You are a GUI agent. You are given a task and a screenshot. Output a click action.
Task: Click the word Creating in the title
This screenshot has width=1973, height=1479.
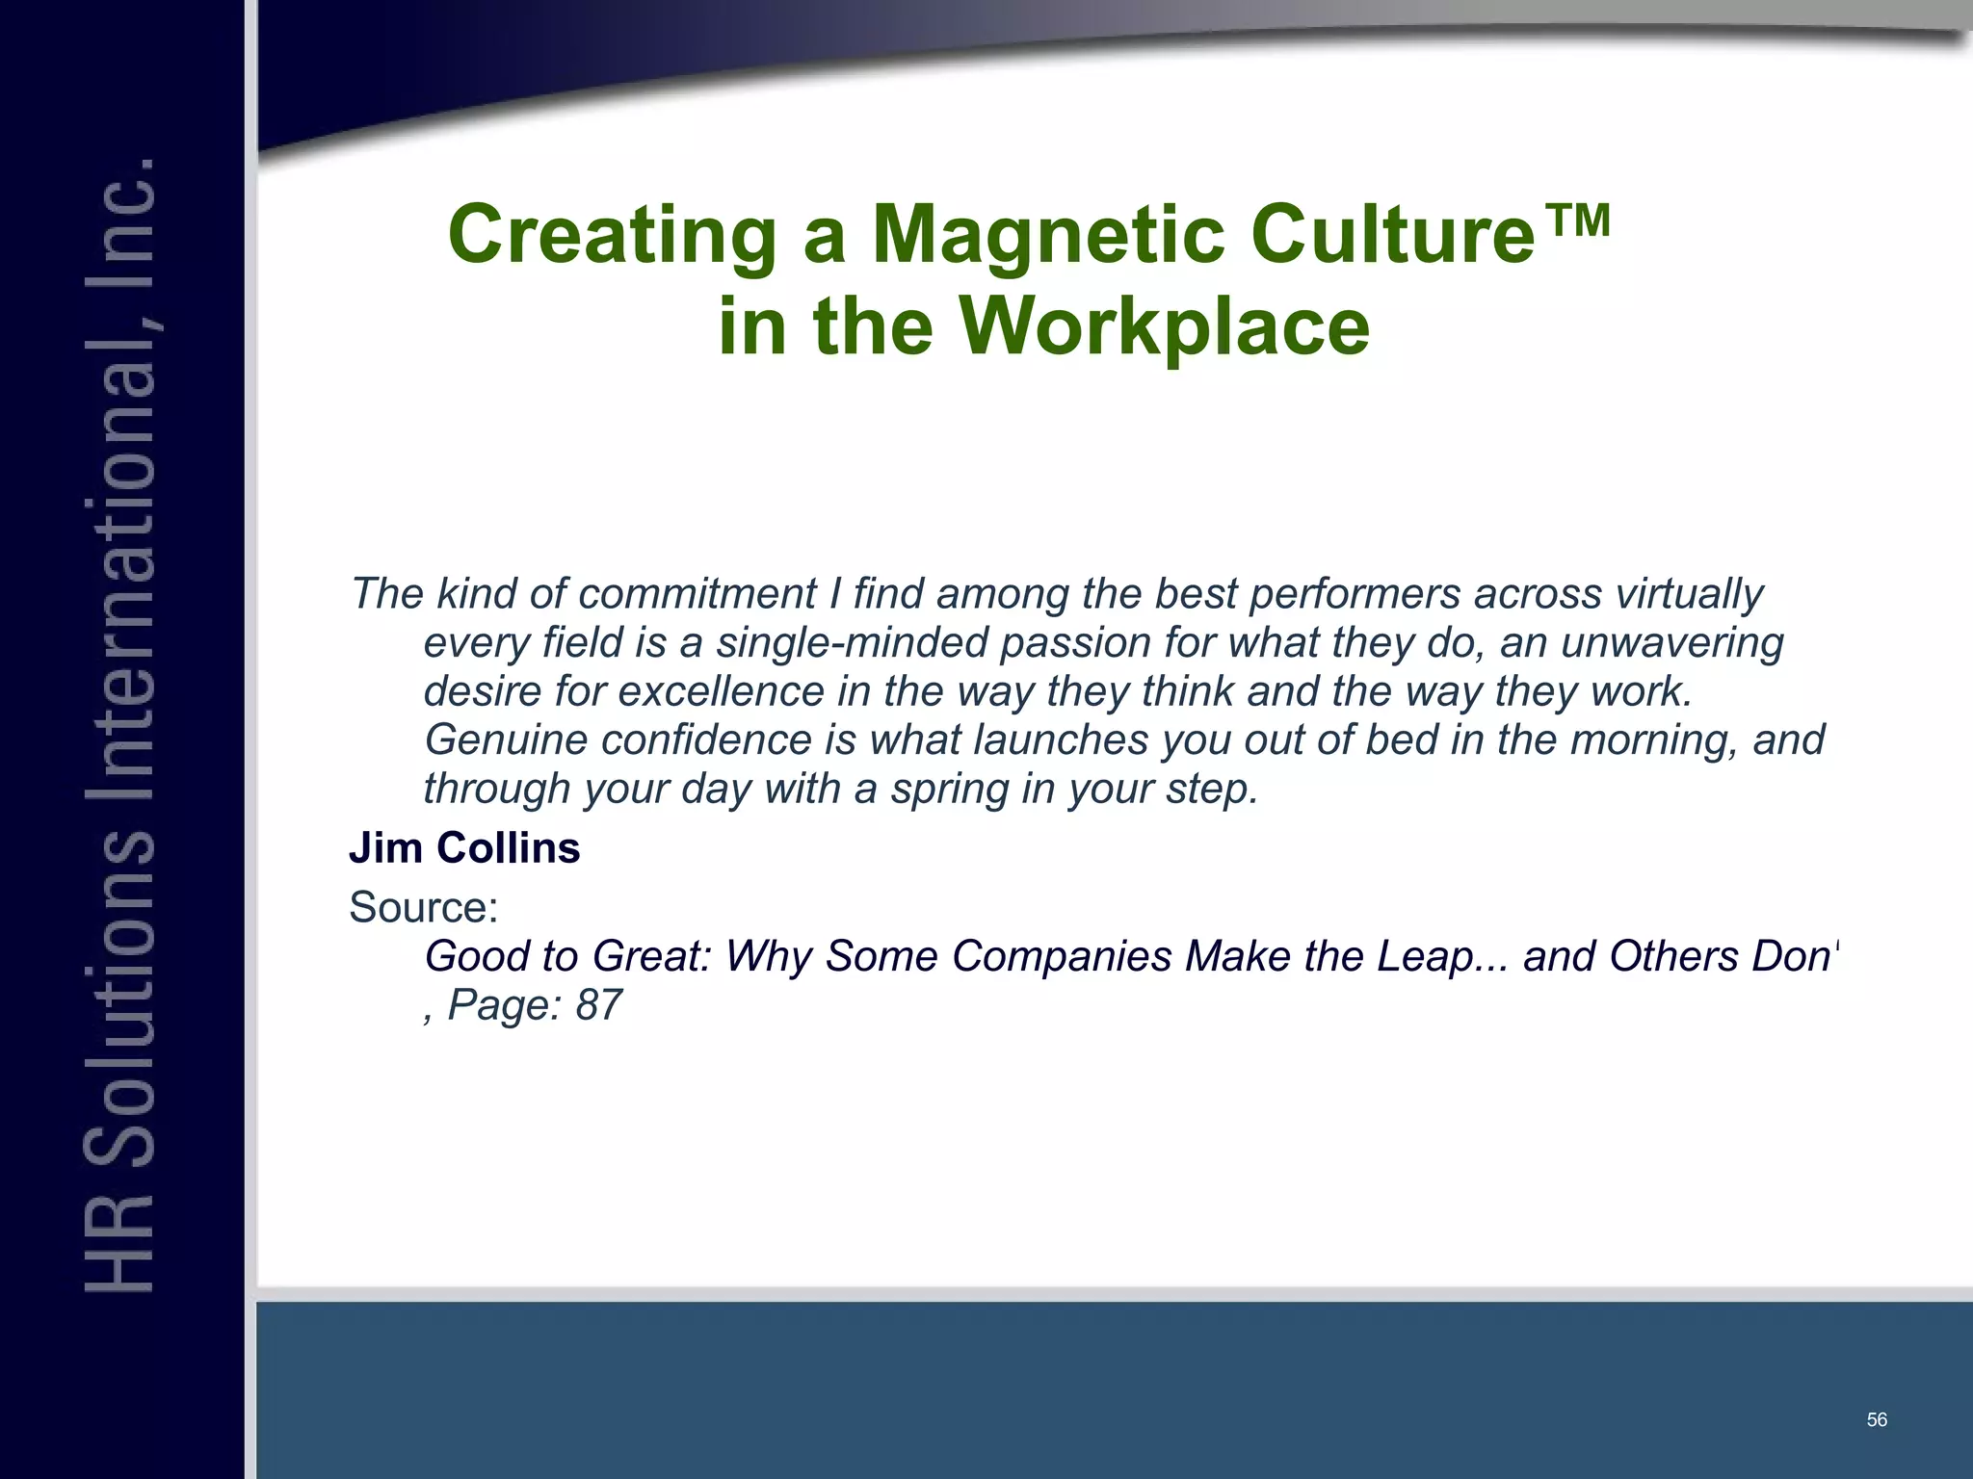click(x=613, y=236)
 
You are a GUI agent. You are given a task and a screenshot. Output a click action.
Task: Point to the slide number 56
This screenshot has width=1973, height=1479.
click(x=1877, y=1419)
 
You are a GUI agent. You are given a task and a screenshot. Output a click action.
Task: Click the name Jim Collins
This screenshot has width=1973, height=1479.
click(x=464, y=848)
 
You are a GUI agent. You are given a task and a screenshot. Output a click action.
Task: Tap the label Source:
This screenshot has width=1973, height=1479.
click(x=423, y=907)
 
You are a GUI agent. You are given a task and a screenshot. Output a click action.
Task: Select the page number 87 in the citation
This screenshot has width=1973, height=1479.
click(x=598, y=1005)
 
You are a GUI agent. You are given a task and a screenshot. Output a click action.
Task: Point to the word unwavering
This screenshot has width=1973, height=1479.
click(x=1671, y=643)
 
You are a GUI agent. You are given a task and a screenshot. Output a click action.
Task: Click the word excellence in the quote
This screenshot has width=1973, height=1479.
click(x=722, y=691)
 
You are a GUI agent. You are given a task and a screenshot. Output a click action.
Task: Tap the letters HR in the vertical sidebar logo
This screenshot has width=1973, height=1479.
click(x=119, y=1243)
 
